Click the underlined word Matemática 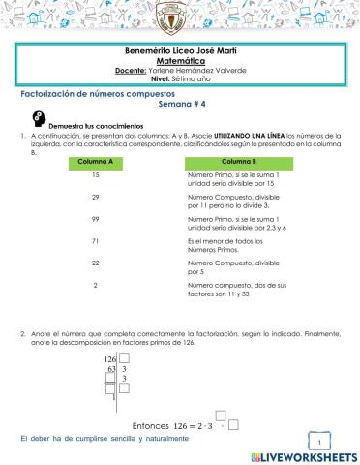point(180,60)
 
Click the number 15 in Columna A point(96,174)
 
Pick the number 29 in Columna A point(96,197)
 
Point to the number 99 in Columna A point(96,219)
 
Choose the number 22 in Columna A point(96,263)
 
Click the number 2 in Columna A point(96,285)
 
